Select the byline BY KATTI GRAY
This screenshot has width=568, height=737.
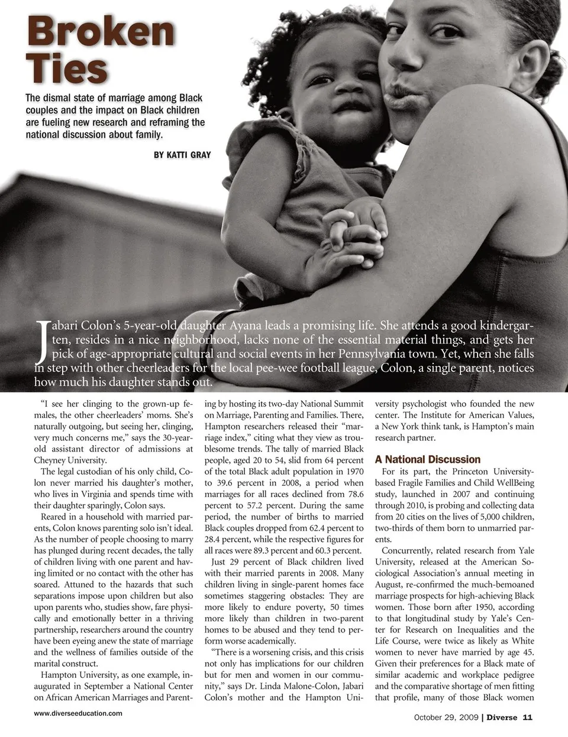[182, 155]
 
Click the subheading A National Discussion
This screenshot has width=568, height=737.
[428, 459]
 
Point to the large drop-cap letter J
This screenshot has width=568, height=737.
[42, 342]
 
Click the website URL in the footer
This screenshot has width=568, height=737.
[78, 713]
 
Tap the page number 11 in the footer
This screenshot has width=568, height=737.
[527, 717]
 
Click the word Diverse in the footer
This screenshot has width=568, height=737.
[502, 717]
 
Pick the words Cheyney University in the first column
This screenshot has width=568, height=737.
[70, 460]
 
